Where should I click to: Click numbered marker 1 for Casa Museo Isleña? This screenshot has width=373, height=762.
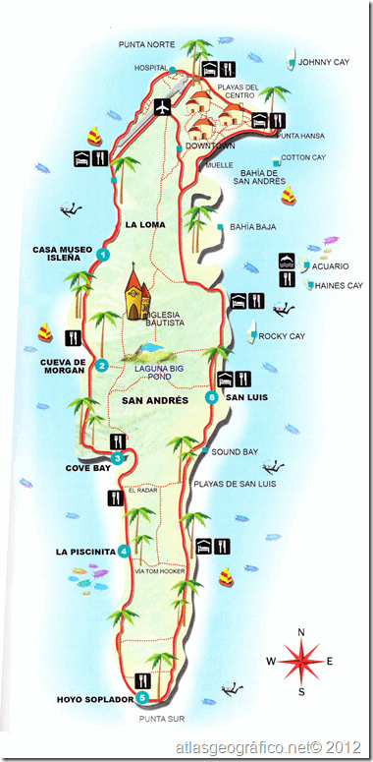click(102, 256)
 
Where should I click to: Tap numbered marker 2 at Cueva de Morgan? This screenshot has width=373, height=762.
click(101, 367)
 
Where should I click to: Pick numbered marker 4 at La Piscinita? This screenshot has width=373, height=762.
click(123, 551)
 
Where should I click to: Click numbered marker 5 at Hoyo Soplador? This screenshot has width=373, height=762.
click(142, 698)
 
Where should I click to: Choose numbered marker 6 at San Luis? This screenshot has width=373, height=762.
click(212, 398)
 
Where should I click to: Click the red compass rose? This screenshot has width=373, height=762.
click(301, 662)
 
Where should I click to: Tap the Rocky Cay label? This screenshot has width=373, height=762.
click(284, 336)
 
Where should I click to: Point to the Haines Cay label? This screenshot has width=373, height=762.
click(338, 286)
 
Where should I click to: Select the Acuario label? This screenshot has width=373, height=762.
click(334, 265)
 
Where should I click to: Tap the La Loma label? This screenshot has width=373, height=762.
click(144, 225)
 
